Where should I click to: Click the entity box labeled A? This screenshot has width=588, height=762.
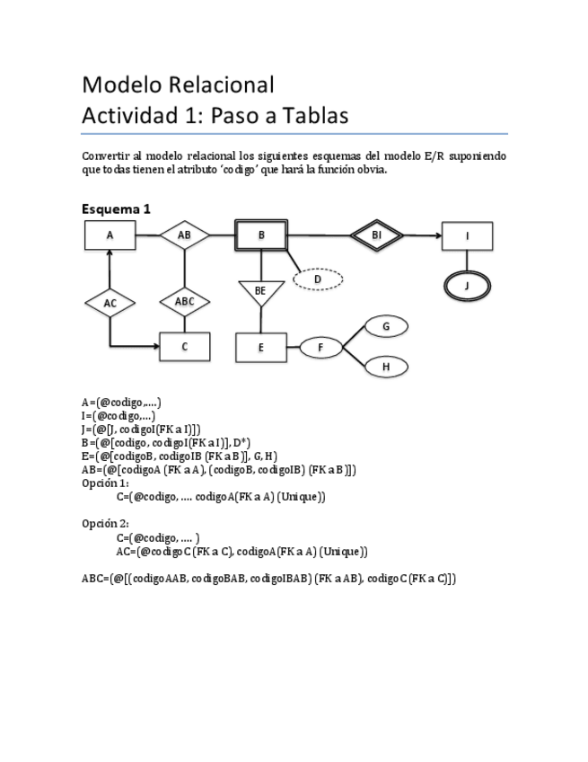(110, 235)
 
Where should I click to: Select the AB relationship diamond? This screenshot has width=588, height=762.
(184, 235)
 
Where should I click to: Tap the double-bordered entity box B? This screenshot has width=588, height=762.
(261, 235)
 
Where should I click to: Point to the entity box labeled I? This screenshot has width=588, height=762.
(467, 236)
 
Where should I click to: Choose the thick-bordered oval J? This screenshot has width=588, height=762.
(467, 285)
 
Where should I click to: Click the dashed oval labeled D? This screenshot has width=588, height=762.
(318, 279)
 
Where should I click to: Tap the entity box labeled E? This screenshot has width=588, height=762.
(260, 347)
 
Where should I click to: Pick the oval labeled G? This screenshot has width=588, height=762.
(385, 327)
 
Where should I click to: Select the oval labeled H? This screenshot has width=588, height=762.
(385, 367)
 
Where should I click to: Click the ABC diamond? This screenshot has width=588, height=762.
(184, 302)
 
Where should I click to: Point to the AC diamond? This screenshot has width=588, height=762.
(110, 304)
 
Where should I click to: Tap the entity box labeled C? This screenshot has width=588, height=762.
(184, 347)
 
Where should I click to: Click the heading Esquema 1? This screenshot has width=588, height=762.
(116, 208)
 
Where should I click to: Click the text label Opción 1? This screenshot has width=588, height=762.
(105, 483)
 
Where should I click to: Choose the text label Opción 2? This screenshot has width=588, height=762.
(105, 524)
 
